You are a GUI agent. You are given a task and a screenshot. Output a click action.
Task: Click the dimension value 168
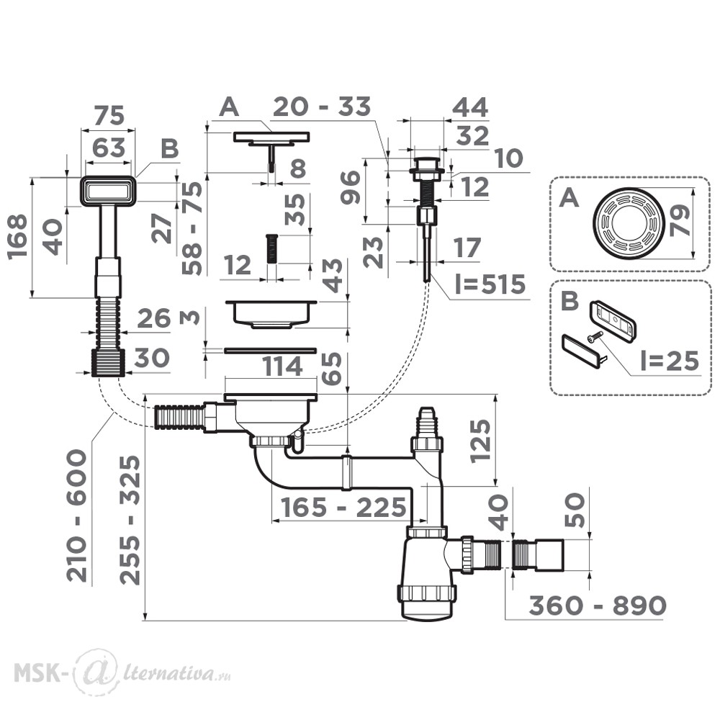[17, 237]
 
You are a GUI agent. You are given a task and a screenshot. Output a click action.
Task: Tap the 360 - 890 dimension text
[598, 606]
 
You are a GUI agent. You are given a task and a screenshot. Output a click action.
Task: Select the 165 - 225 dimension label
[343, 508]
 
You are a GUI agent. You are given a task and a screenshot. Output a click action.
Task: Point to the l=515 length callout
[490, 284]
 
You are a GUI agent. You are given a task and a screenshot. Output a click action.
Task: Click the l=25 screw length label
[670, 361]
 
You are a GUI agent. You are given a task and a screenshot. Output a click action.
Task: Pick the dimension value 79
[680, 220]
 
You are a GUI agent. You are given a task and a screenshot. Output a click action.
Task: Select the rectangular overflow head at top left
[109, 192]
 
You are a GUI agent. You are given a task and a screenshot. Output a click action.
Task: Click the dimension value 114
[282, 366]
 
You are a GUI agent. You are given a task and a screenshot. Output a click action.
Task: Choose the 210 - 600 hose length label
[77, 516]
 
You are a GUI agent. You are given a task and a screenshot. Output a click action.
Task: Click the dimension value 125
[481, 441]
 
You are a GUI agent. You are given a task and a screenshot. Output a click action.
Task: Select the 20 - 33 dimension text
[322, 107]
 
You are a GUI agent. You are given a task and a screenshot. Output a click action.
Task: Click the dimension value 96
[350, 187]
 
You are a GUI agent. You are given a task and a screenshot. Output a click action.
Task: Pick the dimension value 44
[469, 107]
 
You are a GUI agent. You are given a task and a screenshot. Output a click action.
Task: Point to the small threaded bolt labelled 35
[272, 248]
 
